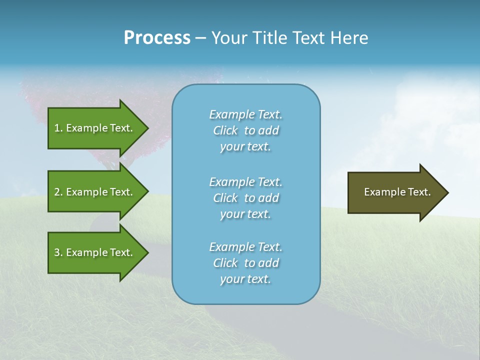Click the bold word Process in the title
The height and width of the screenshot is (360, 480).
157,38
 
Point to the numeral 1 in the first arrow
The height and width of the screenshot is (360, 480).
57,128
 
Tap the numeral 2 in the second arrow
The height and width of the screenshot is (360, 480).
57,192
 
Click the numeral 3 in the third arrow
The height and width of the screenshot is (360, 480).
57,252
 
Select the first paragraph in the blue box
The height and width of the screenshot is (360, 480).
245,130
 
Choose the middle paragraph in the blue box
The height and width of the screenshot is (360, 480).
245,198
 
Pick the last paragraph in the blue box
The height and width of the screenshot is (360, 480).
245,263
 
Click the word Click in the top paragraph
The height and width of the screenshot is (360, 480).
225,130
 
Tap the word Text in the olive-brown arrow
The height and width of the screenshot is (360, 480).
419,192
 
